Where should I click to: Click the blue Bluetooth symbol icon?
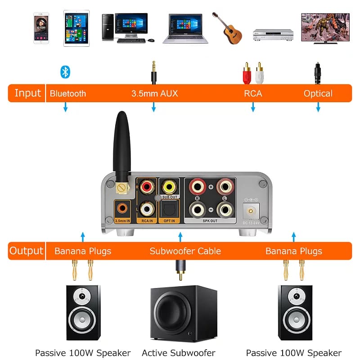pos(66,72)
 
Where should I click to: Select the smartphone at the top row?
pos(41,28)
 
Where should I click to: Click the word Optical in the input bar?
pos(318,94)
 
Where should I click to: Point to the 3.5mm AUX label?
pos(154,94)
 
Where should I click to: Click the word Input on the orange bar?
pos(27,93)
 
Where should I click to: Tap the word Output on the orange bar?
pos(27,251)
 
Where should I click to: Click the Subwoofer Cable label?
pos(185,251)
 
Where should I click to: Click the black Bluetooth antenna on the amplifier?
pos(121,144)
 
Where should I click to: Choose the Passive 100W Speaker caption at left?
pos(83,353)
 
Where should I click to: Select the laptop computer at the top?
pos(185,29)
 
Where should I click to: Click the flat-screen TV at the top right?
pos(325,28)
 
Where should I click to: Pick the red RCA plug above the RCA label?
pos(246,73)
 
